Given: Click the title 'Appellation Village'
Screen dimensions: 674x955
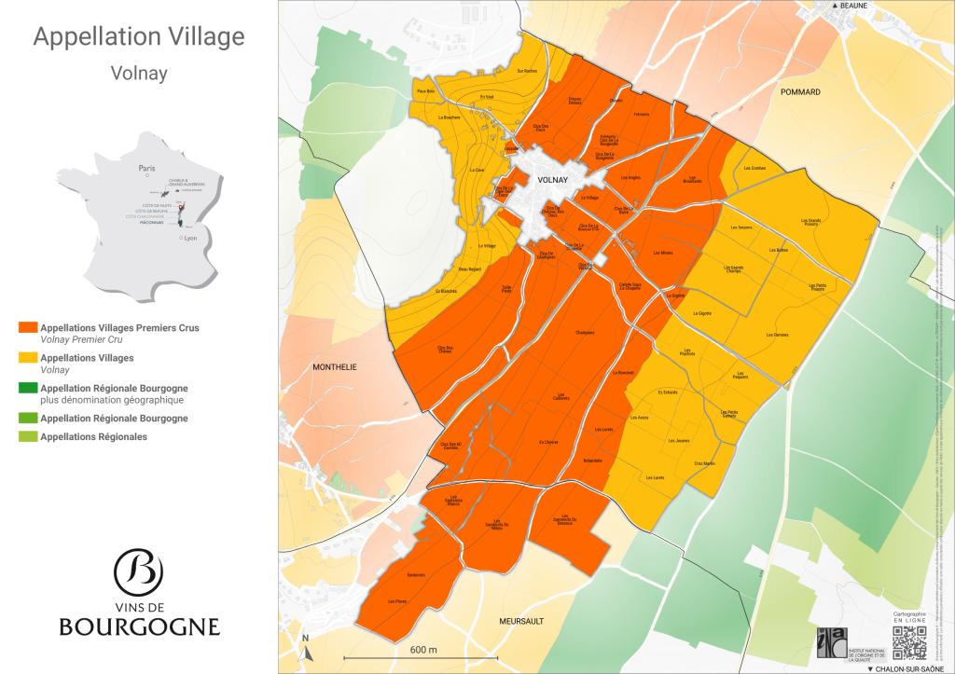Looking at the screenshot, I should (x=139, y=37).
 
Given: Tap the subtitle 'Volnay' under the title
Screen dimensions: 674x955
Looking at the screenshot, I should (x=139, y=73).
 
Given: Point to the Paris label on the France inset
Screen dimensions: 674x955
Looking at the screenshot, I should (x=145, y=169).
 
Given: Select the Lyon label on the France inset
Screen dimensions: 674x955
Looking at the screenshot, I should (x=191, y=239).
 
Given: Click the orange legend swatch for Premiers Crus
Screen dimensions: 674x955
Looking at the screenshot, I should (x=27, y=328).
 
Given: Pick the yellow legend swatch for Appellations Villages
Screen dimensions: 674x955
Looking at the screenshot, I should (x=27, y=358).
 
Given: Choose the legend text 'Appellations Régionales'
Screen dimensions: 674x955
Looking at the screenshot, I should (x=93, y=436).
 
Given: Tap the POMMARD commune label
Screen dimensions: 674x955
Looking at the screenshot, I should (x=801, y=92).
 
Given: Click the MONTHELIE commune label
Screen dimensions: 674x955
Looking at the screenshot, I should (x=335, y=367).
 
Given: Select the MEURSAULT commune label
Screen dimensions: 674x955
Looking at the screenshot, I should (x=521, y=620).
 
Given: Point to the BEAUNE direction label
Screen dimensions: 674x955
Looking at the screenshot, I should (x=848, y=6).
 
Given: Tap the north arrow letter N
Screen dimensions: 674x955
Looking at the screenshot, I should (x=305, y=639).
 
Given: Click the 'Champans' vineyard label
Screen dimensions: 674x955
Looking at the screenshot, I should (x=586, y=332).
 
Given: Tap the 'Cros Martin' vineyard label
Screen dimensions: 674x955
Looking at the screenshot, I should (x=704, y=463).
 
